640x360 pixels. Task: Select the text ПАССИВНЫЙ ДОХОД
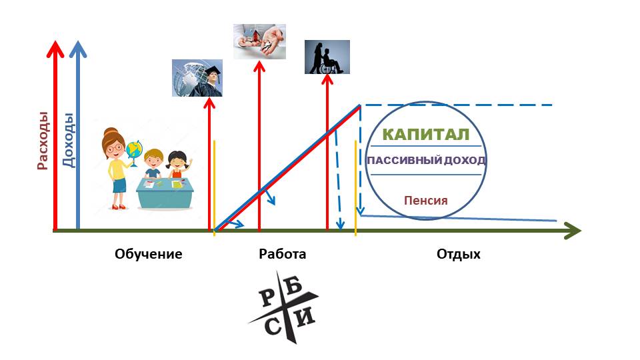point(425,161)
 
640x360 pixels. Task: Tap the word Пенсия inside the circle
point(425,200)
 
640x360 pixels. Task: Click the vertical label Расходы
point(43,146)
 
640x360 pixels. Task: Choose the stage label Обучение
point(148,254)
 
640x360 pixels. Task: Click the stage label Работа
point(282,254)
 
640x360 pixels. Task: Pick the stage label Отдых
point(458,254)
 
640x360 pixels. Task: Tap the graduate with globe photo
point(197,78)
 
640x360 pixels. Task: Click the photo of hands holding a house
point(260,41)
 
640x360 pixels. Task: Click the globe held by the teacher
point(135,151)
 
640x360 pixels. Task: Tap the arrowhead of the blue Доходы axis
point(79,49)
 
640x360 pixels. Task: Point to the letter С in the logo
point(274,326)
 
